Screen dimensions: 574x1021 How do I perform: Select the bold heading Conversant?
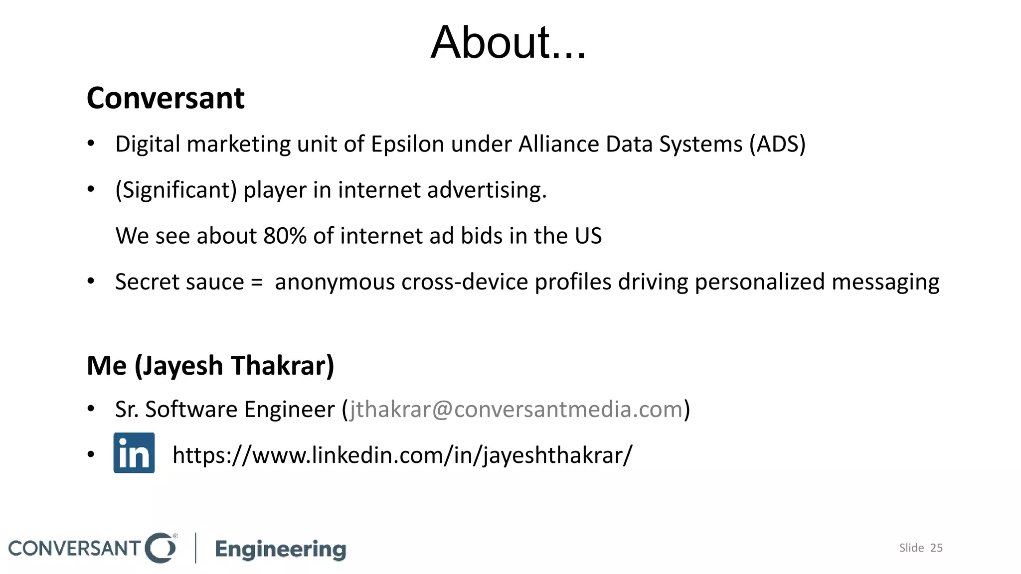pyautogui.click(x=166, y=98)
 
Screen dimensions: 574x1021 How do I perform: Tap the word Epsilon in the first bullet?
pyautogui.click(x=407, y=144)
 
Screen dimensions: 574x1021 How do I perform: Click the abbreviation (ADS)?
pyautogui.click(x=777, y=144)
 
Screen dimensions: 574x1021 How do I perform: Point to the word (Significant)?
pyautogui.click(x=176, y=190)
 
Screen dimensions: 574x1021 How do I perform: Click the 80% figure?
pyautogui.click(x=285, y=236)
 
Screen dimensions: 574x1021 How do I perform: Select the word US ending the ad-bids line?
pyautogui.click(x=588, y=236)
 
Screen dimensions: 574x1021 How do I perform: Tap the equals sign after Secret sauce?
pyautogui.click(x=257, y=283)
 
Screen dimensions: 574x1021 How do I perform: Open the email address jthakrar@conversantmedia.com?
pyautogui.click(x=515, y=410)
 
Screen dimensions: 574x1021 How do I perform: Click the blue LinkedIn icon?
pyautogui.click(x=134, y=453)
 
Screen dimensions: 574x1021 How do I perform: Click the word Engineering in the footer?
pyautogui.click(x=281, y=549)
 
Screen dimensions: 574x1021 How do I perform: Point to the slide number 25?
pyautogui.click(x=936, y=548)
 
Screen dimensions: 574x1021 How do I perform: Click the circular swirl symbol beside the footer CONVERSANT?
pyautogui.click(x=161, y=548)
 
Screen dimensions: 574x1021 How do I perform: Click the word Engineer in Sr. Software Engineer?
pyautogui.click(x=289, y=410)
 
